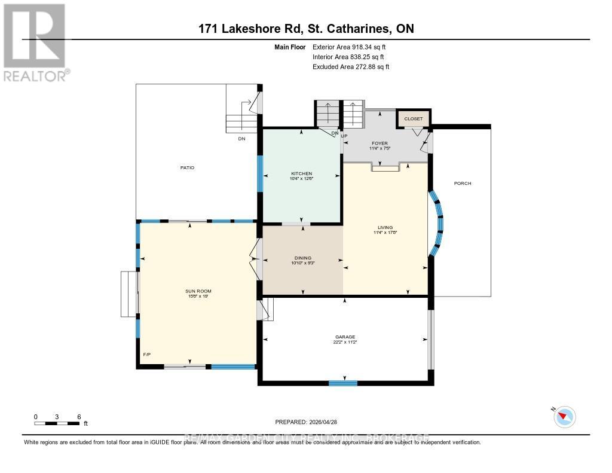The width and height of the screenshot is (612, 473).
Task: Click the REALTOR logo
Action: (35, 42)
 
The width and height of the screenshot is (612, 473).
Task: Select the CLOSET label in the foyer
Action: (413, 119)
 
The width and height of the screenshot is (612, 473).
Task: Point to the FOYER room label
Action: (379, 144)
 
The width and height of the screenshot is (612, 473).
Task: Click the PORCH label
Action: (463, 183)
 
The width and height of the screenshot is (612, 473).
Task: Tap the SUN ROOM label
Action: (198, 291)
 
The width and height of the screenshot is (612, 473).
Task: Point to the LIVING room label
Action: (385, 227)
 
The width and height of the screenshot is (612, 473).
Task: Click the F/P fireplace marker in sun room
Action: (146, 355)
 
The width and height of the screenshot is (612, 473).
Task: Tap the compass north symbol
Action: (564, 416)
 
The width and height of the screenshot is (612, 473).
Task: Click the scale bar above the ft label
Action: (57, 423)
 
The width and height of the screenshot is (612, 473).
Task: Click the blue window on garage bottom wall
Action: (342, 383)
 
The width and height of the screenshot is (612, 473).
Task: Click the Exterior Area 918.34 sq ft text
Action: (353, 47)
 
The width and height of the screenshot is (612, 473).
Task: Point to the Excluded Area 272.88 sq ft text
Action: (351, 67)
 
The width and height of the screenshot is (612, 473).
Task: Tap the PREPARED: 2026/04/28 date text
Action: (306, 422)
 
